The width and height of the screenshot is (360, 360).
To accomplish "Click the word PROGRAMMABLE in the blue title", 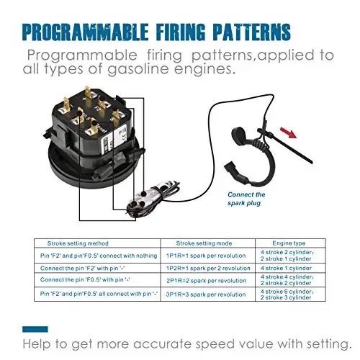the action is tap(85, 32).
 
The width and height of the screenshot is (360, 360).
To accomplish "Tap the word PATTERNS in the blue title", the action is tap(252, 32).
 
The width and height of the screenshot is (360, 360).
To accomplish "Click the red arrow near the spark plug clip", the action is tap(288, 132).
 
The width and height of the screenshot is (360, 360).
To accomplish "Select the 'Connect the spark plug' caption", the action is tap(246, 199).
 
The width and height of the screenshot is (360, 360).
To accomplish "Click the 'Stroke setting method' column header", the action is tap(78, 243).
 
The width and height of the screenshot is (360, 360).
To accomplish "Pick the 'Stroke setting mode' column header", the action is tap(204, 243).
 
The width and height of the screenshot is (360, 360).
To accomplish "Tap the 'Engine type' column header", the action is tap(289, 243).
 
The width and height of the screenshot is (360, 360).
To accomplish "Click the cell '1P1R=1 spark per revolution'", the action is tap(206, 256).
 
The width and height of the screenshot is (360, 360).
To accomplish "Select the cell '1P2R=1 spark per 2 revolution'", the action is tap(208, 268).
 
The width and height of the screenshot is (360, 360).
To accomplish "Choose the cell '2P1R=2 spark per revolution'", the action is tap(207, 281).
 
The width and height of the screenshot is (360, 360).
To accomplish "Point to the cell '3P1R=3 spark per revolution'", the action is tap(206, 294).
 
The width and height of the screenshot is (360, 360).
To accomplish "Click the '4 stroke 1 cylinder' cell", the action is tap(286, 268).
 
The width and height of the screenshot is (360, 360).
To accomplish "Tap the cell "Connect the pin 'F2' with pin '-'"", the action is tap(83, 268).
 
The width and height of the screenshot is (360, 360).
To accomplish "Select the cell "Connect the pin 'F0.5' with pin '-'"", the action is tap(85, 279).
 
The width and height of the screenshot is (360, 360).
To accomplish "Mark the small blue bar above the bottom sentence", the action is tap(35, 329).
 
